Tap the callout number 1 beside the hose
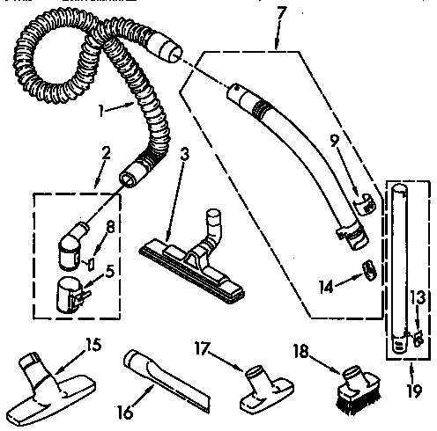click(x=101, y=111)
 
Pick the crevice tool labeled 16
click(x=167, y=379)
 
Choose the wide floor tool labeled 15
click(x=50, y=390)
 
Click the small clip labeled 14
click(x=370, y=269)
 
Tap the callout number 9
click(x=335, y=143)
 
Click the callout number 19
click(x=415, y=390)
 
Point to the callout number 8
click(x=109, y=227)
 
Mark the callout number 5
click(x=109, y=271)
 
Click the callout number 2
click(x=107, y=153)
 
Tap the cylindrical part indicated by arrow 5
click(x=70, y=295)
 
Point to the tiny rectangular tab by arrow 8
click(x=91, y=264)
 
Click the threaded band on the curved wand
click(x=260, y=108)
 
